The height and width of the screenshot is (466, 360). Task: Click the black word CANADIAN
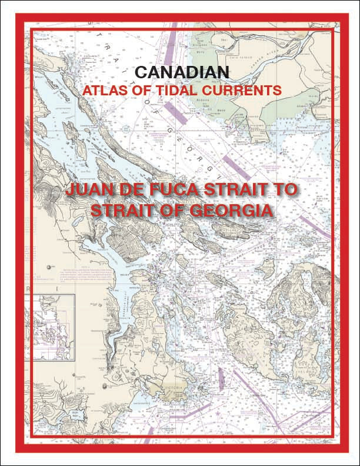coord(179,73)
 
